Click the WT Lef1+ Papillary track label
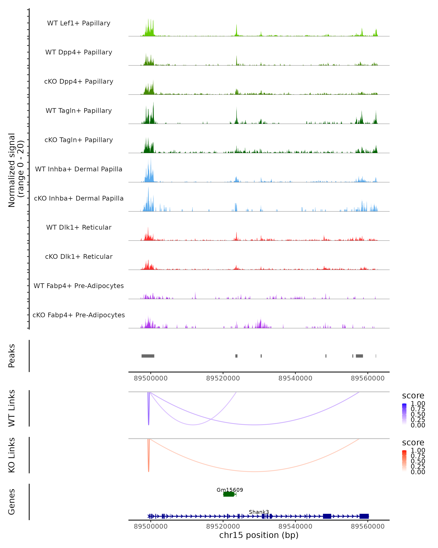coord(79,23)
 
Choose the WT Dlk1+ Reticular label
coord(79,227)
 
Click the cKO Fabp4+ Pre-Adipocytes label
coord(79,315)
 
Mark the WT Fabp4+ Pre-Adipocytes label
coord(79,286)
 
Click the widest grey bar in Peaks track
coord(148,356)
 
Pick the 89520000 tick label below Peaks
coord(223,378)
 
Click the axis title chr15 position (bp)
coord(259,535)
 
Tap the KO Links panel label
coord(12,455)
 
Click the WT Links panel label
coord(12,408)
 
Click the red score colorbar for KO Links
coord(404,461)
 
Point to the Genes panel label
coord(12,502)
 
